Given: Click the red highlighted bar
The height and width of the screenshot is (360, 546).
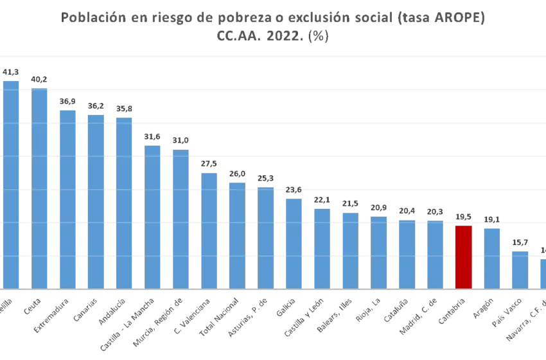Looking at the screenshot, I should tap(463, 256).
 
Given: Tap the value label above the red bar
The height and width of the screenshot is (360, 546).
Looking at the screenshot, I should tap(463, 216).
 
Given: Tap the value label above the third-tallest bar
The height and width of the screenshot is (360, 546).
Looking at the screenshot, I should tap(67, 102).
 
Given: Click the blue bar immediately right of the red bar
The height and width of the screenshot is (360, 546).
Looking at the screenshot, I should tap(492, 257).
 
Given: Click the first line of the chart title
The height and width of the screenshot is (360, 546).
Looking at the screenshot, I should tap(274, 19).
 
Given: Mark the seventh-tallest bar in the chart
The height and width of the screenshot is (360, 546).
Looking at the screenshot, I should tap(180, 219).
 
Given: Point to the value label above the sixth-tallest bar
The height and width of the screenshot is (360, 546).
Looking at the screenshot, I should tap(154, 136).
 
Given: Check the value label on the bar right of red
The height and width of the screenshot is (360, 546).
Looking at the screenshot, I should tap(492, 221).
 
